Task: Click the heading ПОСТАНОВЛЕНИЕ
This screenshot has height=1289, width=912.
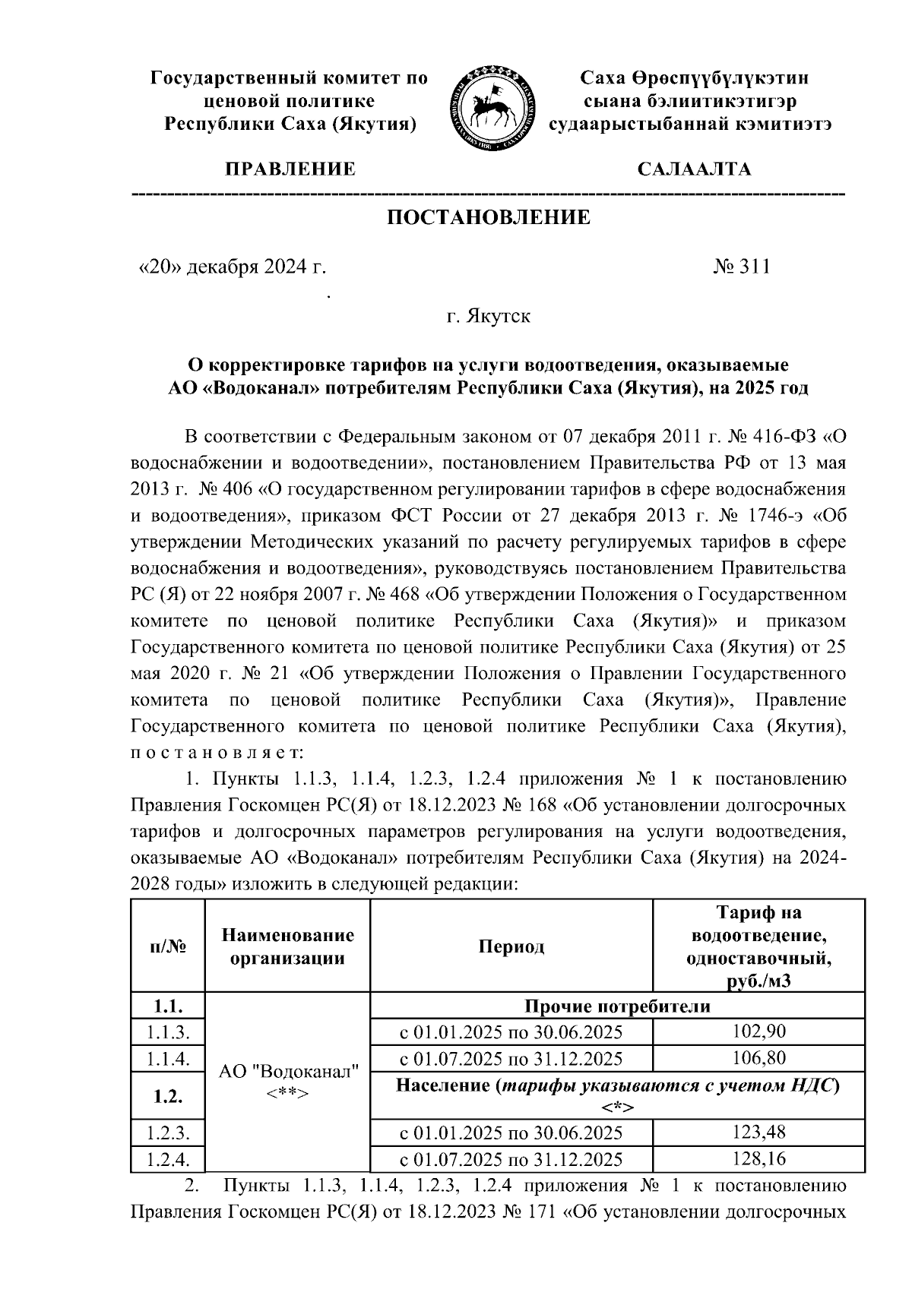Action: (489, 219)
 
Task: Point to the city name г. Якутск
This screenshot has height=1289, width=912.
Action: (488, 315)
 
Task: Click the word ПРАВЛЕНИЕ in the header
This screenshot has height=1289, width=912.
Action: (289, 169)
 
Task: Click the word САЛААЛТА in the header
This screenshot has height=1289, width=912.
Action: (694, 169)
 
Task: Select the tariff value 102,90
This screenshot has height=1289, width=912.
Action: (758, 1032)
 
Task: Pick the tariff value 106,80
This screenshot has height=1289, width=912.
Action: (758, 1058)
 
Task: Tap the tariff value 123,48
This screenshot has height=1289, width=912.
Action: (758, 1133)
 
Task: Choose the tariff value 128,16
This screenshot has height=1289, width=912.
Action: (758, 1159)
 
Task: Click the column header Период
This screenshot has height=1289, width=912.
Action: (511, 946)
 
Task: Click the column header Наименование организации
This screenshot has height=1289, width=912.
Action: (287, 946)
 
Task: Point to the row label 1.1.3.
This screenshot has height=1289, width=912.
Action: (167, 1032)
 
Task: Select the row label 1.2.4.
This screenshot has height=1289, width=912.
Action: (167, 1159)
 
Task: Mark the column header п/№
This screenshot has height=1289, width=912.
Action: (167, 946)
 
